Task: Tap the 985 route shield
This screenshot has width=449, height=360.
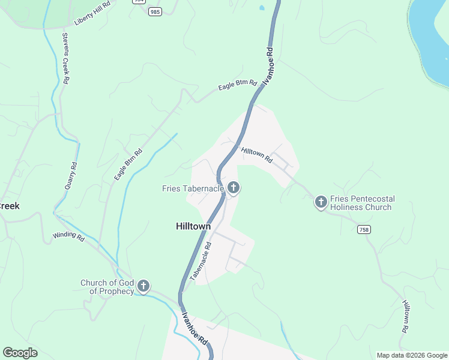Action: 155,11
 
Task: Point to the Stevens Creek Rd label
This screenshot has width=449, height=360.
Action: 66,58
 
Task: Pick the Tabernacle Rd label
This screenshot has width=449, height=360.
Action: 201,262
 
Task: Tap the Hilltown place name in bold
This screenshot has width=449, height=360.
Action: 193,226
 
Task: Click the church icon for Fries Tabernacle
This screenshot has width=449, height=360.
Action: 234,188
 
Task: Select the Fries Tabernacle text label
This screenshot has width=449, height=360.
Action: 193,188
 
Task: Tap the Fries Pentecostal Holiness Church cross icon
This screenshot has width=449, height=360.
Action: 321,202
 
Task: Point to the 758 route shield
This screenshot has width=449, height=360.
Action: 364,230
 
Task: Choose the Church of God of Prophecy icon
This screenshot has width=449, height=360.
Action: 143,286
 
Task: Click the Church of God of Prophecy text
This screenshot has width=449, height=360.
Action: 107,287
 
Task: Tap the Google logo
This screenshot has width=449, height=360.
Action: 20,353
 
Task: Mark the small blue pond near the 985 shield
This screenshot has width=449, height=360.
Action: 261,8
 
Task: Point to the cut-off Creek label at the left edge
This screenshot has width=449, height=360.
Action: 10,206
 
